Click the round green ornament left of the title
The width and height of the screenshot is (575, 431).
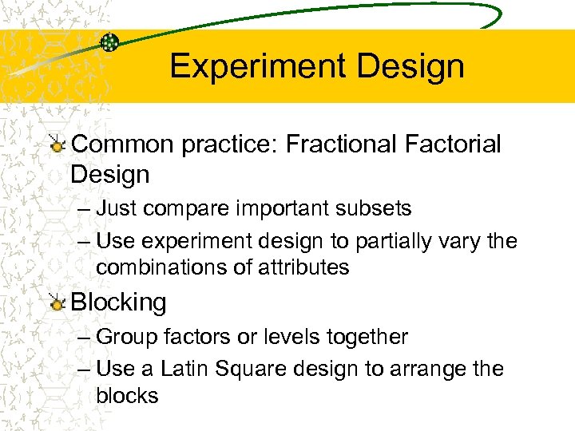[x=110, y=42]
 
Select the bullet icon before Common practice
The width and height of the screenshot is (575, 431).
[x=57, y=144]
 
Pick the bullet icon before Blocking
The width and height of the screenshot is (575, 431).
[x=57, y=302]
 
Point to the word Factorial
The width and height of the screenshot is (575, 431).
[x=457, y=144]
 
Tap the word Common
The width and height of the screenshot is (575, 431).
[x=121, y=144]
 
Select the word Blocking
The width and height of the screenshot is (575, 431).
[x=119, y=302]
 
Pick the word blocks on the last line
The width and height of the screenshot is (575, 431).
[x=127, y=395]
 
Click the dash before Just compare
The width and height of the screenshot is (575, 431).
[x=85, y=209]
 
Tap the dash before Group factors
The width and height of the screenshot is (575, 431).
[x=85, y=337]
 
